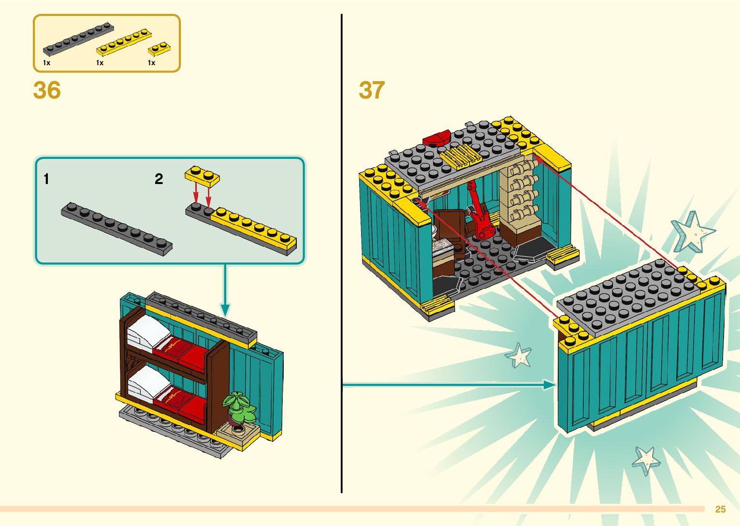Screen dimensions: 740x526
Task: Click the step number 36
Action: [47, 90]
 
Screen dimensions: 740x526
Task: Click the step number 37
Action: [371, 90]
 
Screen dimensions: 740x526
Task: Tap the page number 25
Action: [720, 509]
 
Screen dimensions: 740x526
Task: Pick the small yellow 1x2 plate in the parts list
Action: [159, 49]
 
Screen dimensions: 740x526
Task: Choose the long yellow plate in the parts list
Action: [124, 42]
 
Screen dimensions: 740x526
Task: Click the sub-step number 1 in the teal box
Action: [46, 179]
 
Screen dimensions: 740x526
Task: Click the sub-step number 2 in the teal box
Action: [159, 179]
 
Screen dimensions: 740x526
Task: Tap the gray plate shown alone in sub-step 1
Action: [116, 228]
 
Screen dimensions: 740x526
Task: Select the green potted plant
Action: [238, 407]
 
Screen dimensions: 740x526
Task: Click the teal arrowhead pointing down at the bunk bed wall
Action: [225, 309]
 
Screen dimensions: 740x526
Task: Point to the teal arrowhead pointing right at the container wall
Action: [549, 385]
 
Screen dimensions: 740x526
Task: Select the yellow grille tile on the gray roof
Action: [461, 156]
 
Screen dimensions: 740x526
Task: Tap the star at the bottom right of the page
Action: [646, 460]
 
